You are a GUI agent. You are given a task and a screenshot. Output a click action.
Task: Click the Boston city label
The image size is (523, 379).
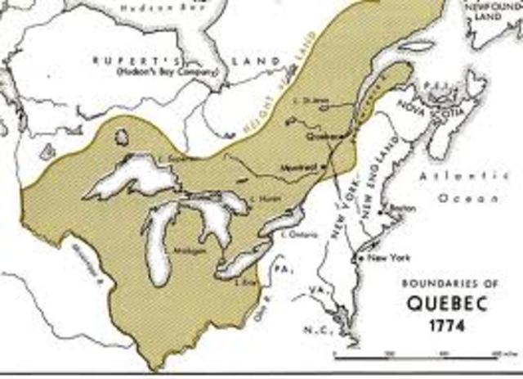coord(400,208)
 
